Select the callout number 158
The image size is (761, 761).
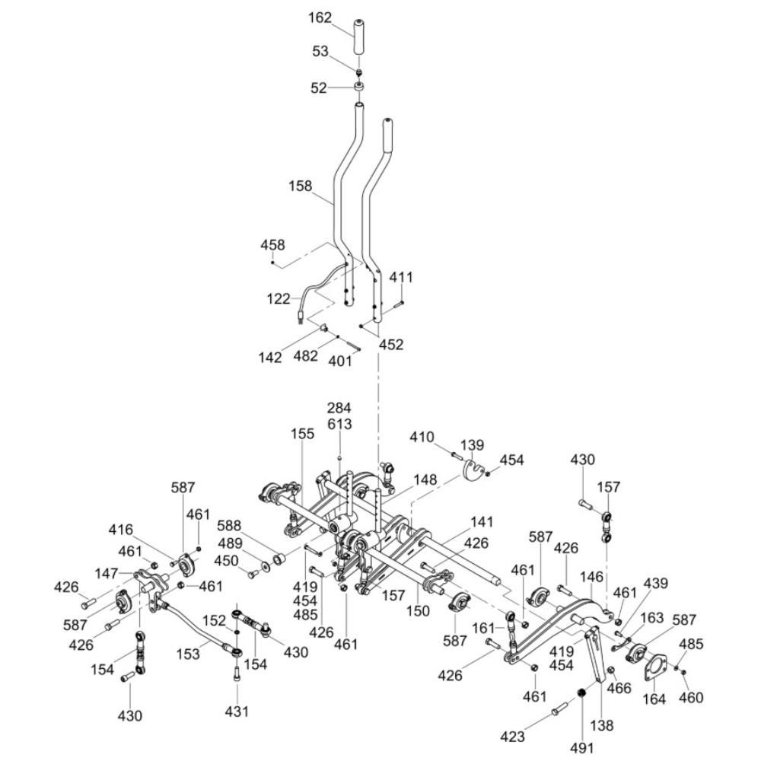(300, 185)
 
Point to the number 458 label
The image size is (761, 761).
(272, 245)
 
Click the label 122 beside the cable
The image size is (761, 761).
(279, 299)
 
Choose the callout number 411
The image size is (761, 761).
(401, 278)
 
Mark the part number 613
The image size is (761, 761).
(339, 424)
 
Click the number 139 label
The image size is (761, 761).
(472, 444)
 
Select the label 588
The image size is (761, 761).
(230, 525)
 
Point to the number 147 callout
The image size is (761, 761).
(107, 572)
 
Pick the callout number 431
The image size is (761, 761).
(237, 712)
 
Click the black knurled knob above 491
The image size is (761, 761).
(580, 693)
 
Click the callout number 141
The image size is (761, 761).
(482, 521)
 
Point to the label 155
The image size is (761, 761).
(302, 434)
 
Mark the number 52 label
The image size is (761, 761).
(318, 88)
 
